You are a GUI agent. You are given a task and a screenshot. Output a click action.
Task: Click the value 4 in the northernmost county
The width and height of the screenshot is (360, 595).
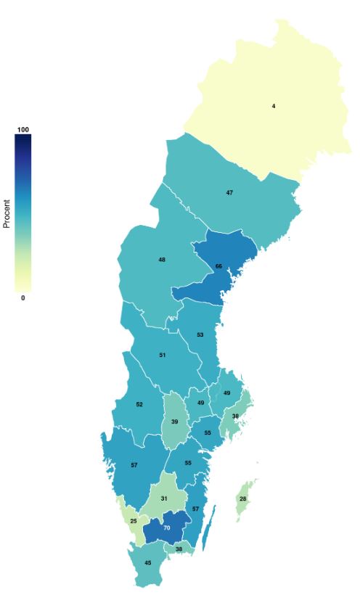point(274,107)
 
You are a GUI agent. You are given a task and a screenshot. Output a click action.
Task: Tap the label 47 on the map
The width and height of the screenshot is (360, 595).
point(229,192)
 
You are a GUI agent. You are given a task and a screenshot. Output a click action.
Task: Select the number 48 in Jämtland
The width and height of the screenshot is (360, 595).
point(162,259)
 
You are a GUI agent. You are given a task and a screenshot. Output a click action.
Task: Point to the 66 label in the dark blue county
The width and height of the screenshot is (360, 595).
point(218,267)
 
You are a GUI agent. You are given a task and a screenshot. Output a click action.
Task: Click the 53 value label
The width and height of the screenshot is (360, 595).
point(200,335)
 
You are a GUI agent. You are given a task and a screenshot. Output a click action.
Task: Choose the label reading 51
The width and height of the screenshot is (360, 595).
point(163,355)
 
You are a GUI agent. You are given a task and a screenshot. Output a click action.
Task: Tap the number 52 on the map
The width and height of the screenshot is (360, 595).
point(139,404)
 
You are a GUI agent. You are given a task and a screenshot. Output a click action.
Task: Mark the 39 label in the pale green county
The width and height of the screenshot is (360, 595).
point(175,422)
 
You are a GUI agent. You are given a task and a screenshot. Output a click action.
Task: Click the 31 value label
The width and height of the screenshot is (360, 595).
point(164,498)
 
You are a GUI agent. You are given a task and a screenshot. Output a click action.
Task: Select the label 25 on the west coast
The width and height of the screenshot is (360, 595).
point(134,521)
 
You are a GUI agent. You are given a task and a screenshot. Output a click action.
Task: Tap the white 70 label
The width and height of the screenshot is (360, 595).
point(167,528)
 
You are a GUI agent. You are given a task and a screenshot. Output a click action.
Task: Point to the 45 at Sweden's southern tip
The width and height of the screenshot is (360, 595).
point(148,563)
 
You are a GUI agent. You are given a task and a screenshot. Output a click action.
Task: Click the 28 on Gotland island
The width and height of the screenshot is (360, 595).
point(243,499)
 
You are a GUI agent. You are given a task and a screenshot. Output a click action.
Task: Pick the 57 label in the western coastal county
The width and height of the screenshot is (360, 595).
point(134,464)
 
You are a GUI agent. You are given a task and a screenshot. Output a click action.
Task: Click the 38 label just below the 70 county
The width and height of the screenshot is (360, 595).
point(179,549)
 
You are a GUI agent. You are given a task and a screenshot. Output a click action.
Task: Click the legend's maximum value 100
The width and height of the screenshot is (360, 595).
point(22,129)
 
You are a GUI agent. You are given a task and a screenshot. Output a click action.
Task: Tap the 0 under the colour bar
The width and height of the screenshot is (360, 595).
point(22,297)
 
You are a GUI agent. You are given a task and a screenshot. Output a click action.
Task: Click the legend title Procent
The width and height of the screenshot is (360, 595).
point(7,214)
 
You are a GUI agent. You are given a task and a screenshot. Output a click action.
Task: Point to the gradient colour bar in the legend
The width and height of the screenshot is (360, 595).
point(22,213)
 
